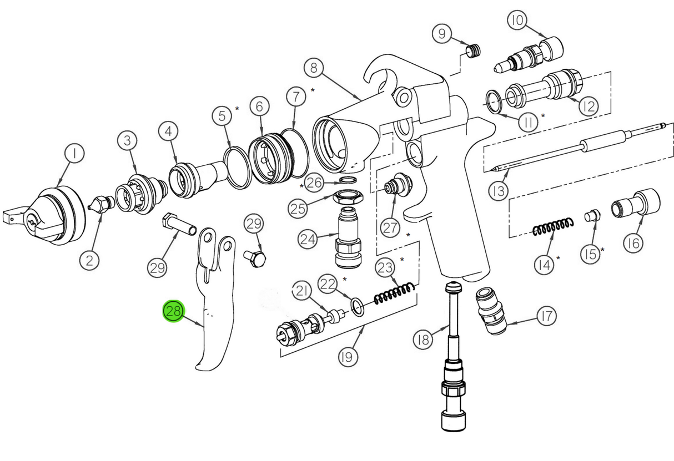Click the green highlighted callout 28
tap(173, 312)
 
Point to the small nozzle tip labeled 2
tap(100, 205)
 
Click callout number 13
tap(499, 191)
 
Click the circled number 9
tap(442, 34)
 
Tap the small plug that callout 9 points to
tap(472, 51)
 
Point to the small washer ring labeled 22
tap(358, 306)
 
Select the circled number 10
tap(517, 21)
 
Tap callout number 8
tap(314, 68)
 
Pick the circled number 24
tap(308, 240)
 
